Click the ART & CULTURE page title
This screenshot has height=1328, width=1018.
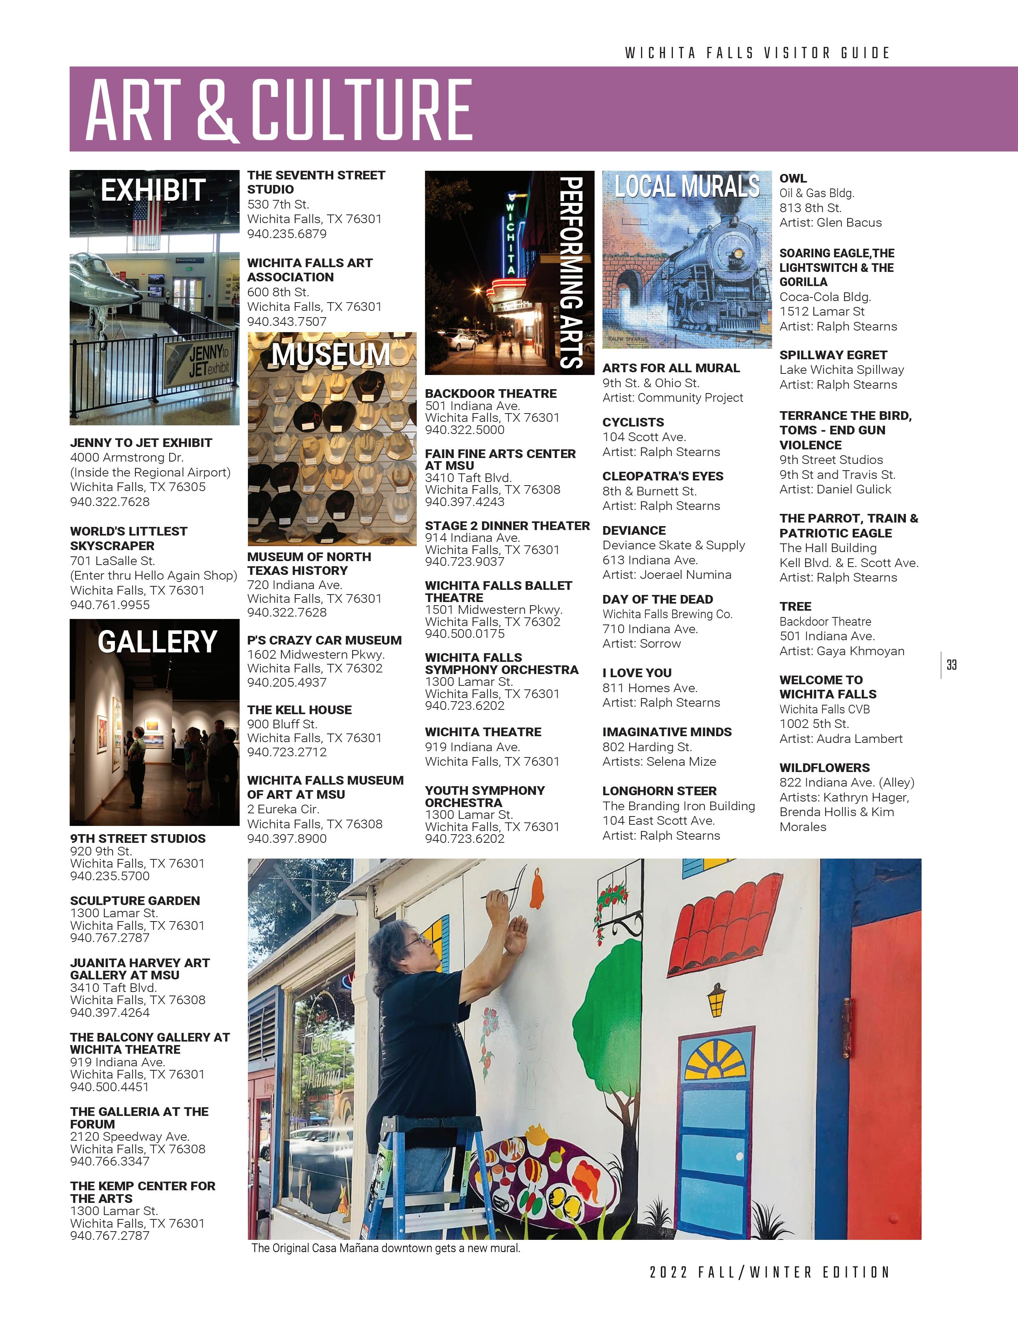click(279, 110)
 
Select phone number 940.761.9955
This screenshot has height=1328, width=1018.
click(110, 605)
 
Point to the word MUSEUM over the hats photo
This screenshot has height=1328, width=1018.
click(331, 355)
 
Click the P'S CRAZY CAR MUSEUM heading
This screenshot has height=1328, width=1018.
click(324, 640)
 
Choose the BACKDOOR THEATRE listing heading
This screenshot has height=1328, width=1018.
click(491, 394)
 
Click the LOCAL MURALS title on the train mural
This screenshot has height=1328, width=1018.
click(687, 186)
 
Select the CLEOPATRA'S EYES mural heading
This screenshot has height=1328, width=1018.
click(662, 476)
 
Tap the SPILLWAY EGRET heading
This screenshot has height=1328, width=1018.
click(833, 355)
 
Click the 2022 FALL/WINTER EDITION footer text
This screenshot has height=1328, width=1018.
click(770, 1272)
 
